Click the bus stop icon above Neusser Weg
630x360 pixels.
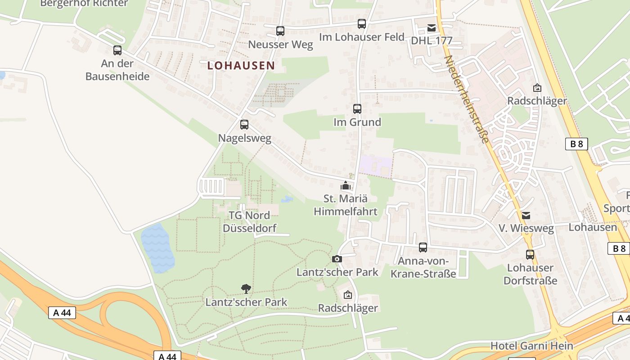coord(280,31)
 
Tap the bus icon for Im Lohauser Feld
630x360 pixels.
coord(362,24)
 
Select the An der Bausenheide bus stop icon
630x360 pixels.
coord(117,50)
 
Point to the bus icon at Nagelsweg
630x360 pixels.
coord(244,125)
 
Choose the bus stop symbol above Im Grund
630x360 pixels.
coord(357,109)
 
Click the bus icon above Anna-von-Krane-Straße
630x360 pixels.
coord(423,247)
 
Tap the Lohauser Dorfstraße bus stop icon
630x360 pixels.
coord(530,255)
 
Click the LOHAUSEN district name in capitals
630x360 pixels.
coord(241,66)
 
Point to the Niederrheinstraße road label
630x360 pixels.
coord(466,99)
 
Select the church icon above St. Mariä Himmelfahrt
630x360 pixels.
coord(346,185)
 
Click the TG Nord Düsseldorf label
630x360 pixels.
coord(249,221)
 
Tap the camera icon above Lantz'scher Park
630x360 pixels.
coord(337,259)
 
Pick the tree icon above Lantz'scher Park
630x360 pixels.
coord(246,288)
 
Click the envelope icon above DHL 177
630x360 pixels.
coord(432,28)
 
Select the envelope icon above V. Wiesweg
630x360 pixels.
coord(526,216)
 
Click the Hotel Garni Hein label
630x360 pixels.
coord(531,346)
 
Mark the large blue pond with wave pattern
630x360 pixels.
coord(157,249)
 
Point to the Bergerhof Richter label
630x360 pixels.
coord(84,3)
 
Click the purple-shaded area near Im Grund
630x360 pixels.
coord(375,166)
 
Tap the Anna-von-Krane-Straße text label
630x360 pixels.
coord(423,267)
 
